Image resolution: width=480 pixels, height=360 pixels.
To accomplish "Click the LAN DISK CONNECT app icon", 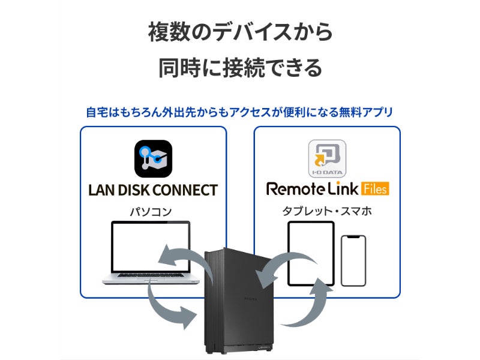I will coord(153,158).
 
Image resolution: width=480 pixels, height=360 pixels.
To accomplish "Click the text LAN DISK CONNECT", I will coord(153,190).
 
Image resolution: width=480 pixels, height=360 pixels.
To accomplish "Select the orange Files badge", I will coord(375,189).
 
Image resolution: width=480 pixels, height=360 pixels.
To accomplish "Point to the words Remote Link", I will coord(312,190).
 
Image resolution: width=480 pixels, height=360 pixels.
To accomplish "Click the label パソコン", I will coord(151,211).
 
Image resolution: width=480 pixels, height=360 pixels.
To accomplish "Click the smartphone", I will coord(353,260).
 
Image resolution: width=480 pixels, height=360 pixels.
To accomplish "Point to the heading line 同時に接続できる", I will coord(240,67).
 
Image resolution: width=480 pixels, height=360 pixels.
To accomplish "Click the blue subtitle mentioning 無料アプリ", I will coord(240,112).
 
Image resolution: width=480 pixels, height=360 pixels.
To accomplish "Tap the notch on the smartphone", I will coord(353,238).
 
